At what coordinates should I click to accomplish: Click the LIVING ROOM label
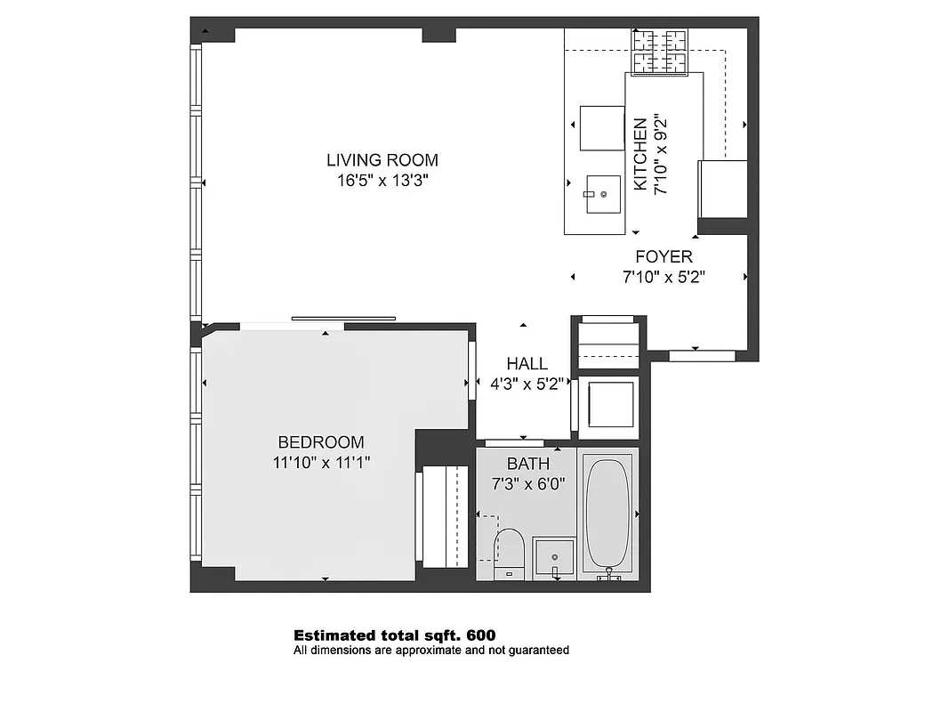point(382,160)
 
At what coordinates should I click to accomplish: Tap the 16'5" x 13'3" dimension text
point(382,181)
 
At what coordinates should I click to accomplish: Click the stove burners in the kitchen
point(661,51)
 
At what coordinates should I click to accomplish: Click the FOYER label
point(663,257)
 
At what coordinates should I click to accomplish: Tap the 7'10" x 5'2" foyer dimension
point(663,277)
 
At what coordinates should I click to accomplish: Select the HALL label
point(527,364)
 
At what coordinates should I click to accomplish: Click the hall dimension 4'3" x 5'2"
point(527,384)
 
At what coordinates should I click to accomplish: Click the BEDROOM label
point(321,442)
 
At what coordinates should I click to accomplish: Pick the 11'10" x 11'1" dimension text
point(321,462)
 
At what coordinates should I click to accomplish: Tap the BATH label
point(528,464)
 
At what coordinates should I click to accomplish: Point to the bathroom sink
point(553,557)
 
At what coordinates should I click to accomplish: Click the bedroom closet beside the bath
point(443,515)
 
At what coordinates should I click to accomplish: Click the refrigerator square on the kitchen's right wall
point(723,189)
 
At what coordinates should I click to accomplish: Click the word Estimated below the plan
point(334,635)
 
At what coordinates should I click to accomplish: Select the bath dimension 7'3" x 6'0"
point(528,484)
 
